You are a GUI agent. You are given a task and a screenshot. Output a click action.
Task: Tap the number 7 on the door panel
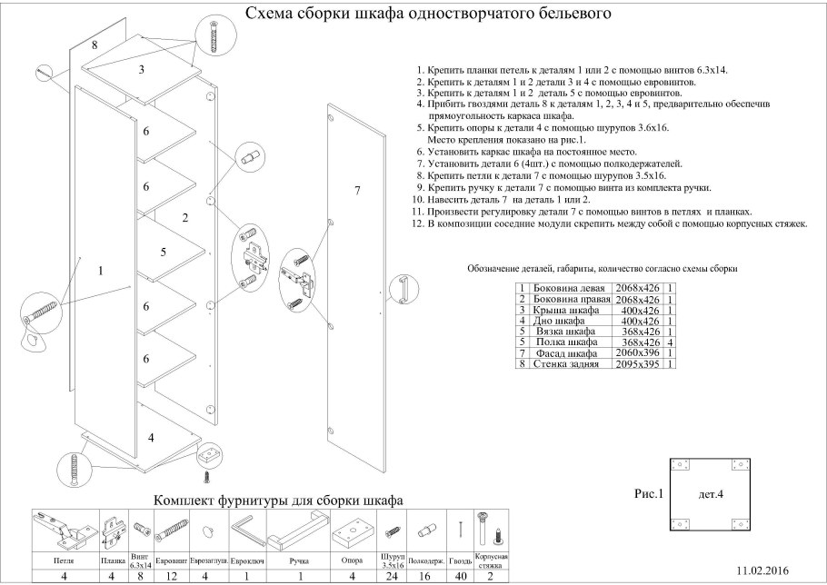[357, 190]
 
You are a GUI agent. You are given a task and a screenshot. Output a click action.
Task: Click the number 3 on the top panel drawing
[142, 69]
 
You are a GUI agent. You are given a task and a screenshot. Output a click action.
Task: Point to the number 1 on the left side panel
[100, 270]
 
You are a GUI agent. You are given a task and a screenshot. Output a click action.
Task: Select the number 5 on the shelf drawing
[164, 252]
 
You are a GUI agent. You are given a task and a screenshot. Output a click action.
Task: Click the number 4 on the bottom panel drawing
[151, 437]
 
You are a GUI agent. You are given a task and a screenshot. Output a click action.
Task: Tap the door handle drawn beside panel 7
[397, 288]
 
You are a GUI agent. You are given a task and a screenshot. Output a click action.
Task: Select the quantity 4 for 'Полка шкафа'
[670, 342]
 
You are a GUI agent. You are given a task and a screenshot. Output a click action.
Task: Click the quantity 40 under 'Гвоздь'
[461, 575]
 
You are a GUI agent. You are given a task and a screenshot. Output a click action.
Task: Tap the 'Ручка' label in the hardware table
[293, 560]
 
